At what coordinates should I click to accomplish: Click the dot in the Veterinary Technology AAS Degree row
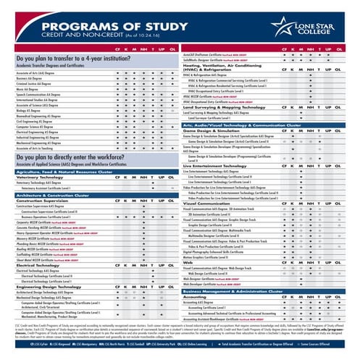(x=153, y=183)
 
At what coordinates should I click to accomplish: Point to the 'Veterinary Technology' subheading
(x=33, y=176)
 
